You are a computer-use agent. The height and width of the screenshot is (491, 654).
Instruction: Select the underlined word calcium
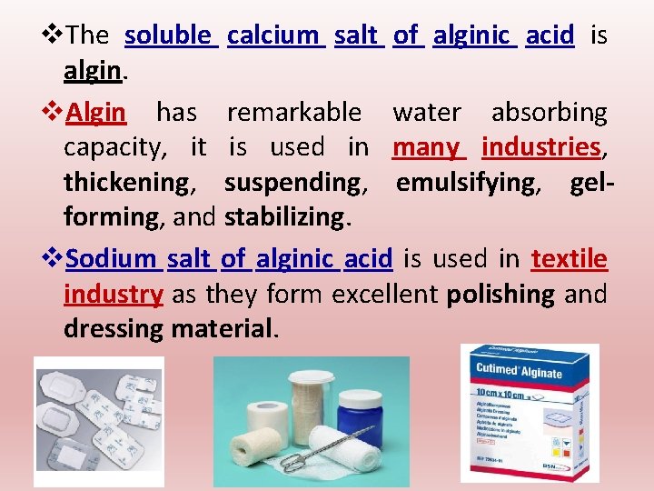point(274,36)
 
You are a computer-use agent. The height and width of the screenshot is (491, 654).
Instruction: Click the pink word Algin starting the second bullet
point(96,113)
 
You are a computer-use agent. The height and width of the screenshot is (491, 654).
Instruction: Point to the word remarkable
point(293,113)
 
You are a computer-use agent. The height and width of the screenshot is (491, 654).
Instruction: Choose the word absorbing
point(549,113)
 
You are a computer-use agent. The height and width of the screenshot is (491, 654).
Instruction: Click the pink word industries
point(541,147)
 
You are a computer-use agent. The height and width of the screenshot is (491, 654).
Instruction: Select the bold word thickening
point(127,183)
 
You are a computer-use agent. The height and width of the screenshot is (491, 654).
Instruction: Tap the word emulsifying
point(466,183)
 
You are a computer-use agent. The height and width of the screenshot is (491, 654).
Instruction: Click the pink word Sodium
point(112,259)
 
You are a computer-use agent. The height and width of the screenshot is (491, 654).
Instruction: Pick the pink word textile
point(570,259)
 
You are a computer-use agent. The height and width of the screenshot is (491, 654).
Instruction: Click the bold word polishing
point(500,295)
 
